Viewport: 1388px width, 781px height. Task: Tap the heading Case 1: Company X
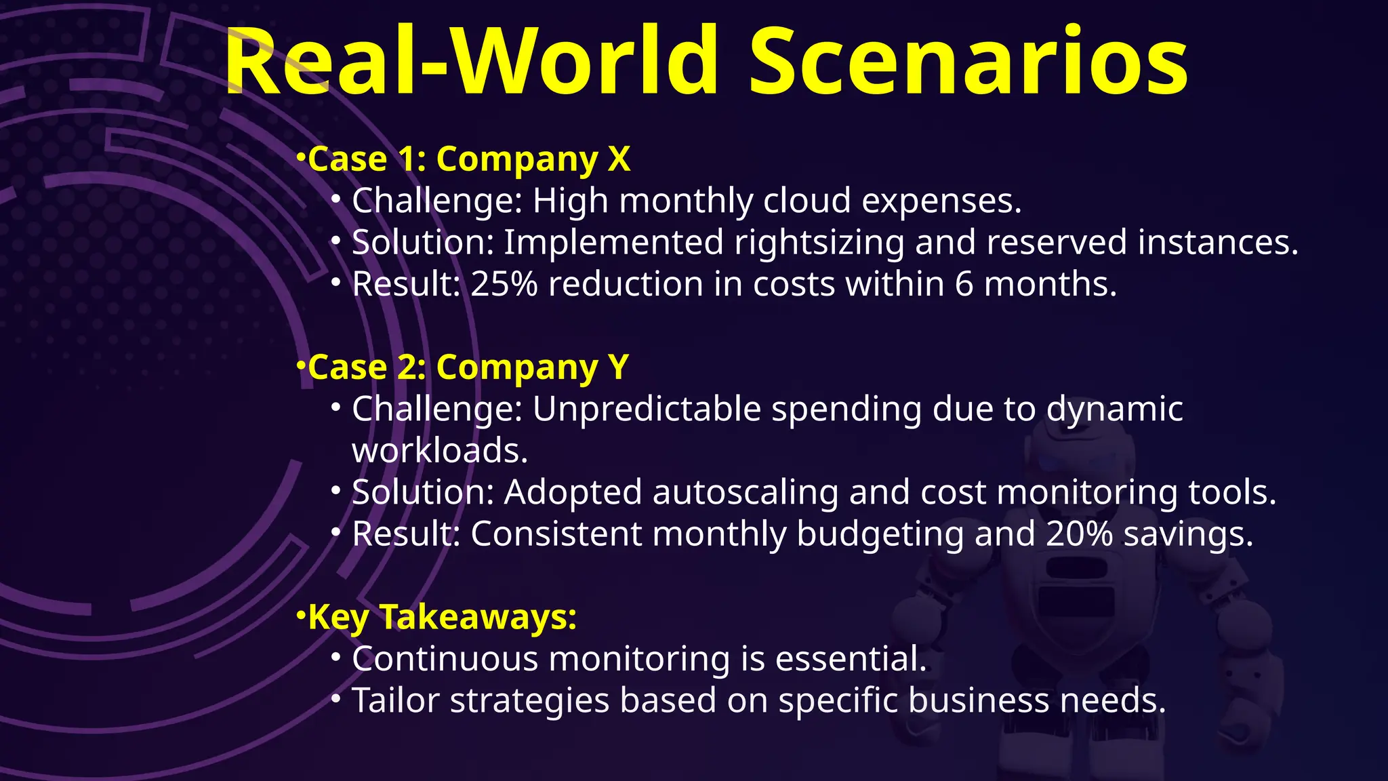click(469, 160)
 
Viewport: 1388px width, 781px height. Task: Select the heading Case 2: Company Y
click(468, 368)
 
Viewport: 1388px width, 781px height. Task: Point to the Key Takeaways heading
click(442, 618)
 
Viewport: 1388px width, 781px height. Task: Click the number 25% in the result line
click(504, 284)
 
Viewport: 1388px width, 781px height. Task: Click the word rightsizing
click(819, 243)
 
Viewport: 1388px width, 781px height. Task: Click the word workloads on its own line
click(439, 452)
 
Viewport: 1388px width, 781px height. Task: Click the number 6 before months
click(964, 284)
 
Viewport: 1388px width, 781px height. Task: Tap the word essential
click(851, 659)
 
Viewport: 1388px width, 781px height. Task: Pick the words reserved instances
click(1141, 243)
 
